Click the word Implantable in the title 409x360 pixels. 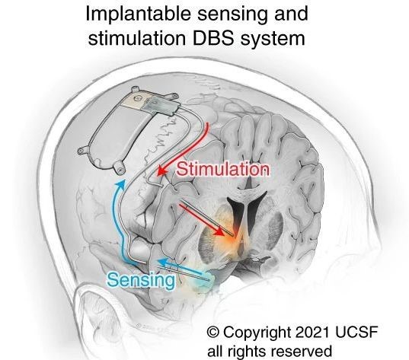coord(139,14)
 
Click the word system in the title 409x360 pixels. coord(272,39)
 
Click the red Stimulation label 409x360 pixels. coord(222,170)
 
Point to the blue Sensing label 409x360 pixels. coord(141,280)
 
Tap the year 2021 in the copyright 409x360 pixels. coord(312,332)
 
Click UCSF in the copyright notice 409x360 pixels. coord(356,332)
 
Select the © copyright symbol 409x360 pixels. coord(213,332)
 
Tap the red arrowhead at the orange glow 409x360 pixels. coord(219,231)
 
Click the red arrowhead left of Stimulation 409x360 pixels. coord(162,171)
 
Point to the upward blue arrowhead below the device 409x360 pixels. coord(120,184)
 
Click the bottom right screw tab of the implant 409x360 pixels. coord(119,167)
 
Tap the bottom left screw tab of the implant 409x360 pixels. coord(83,151)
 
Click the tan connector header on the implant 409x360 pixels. coord(135,100)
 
